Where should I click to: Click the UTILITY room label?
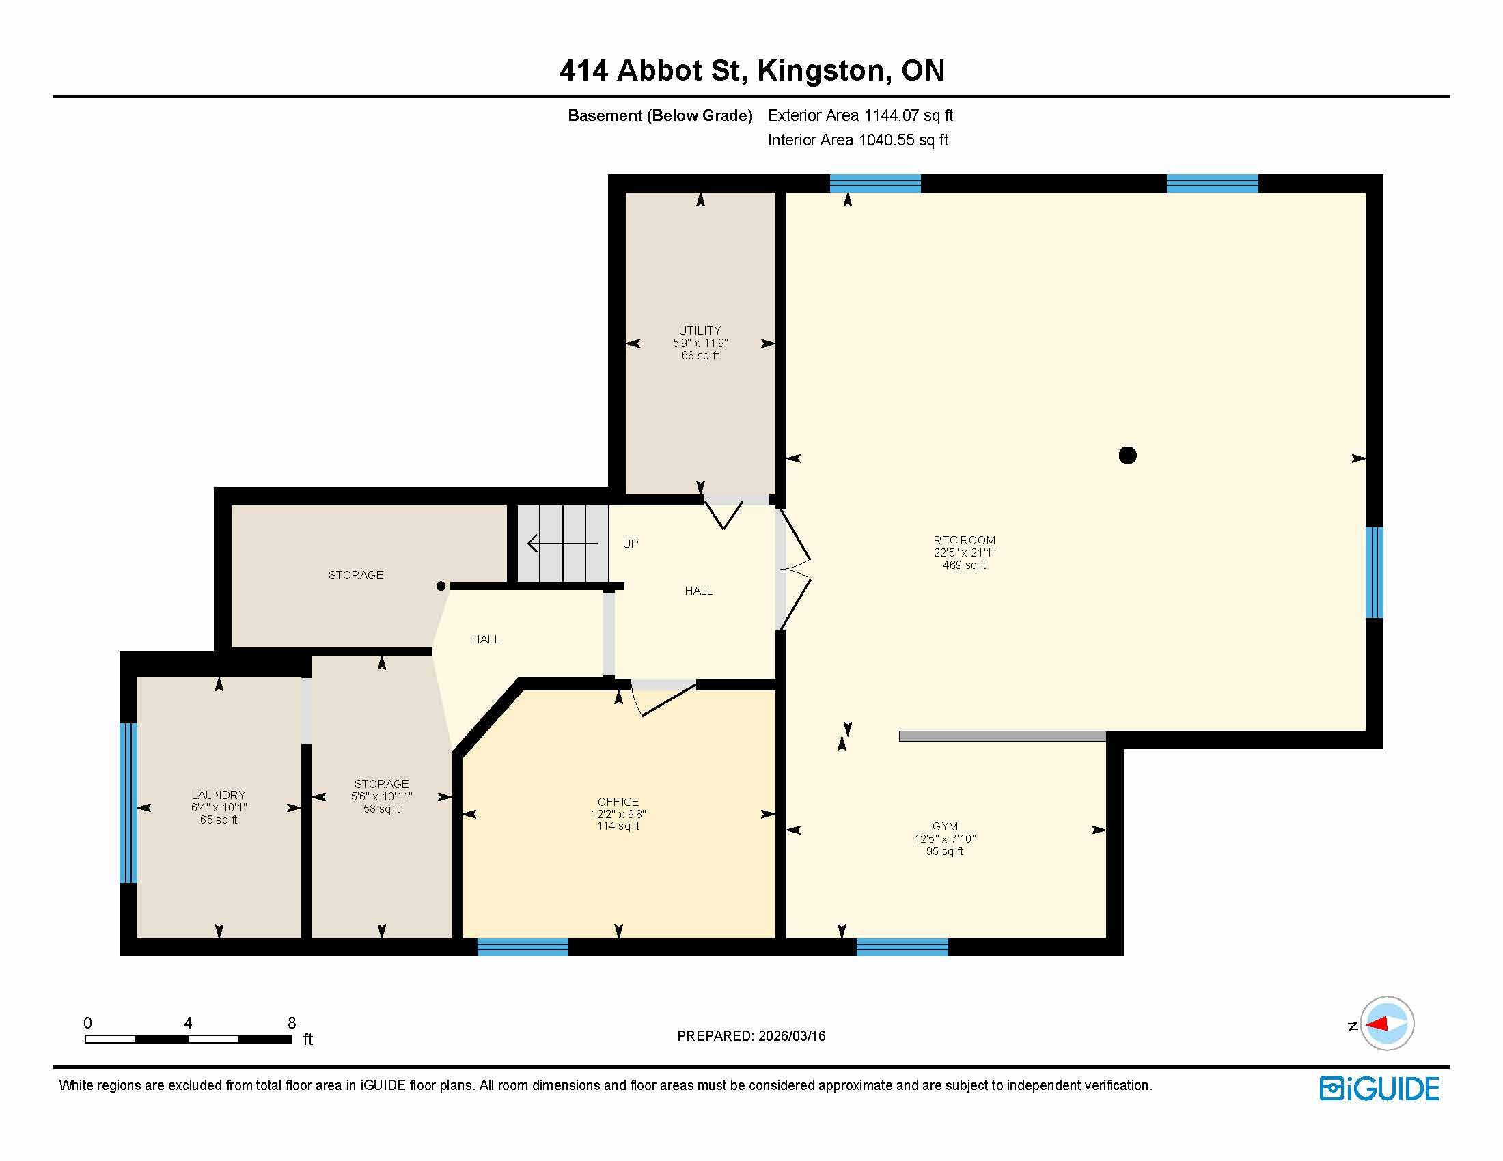[x=700, y=331]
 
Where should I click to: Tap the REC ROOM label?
[x=964, y=541]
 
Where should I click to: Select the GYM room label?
[x=945, y=827]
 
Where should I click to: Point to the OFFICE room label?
[x=618, y=802]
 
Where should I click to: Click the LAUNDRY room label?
[x=219, y=795]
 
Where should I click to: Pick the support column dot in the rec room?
[x=1127, y=456]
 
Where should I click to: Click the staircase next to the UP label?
[x=563, y=544]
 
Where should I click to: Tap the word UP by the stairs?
[x=631, y=544]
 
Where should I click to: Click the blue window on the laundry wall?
[x=128, y=802]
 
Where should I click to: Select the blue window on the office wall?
[x=523, y=947]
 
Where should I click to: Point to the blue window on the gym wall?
[x=902, y=947]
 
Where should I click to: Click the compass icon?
[x=1387, y=1024]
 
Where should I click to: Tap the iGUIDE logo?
[x=1379, y=1089]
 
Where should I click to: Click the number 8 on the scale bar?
[x=292, y=1023]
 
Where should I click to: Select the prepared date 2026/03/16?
[x=791, y=1036]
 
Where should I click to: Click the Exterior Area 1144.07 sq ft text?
[x=860, y=115]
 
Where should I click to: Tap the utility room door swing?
[x=723, y=514]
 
